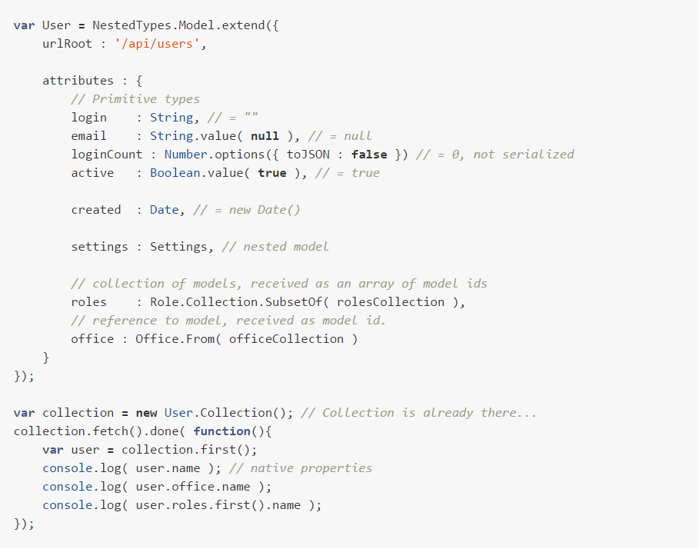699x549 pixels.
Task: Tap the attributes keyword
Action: click(78, 81)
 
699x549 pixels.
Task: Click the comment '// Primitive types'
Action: click(135, 99)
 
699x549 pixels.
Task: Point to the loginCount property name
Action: click(107, 155)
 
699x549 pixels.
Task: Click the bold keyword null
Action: click(265, 136)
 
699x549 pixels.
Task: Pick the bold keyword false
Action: click(369, 155)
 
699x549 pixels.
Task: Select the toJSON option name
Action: click(308, 155)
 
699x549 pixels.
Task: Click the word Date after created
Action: click(164, 210)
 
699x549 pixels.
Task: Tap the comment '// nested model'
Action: click(275, 247)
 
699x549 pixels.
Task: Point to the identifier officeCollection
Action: click(286, 339)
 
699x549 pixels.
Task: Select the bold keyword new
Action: click(146, 413)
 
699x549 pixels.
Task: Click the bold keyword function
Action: click(221, 431)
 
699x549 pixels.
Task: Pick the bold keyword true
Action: click(271, 173)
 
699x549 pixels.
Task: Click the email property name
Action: click(88, 136)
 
